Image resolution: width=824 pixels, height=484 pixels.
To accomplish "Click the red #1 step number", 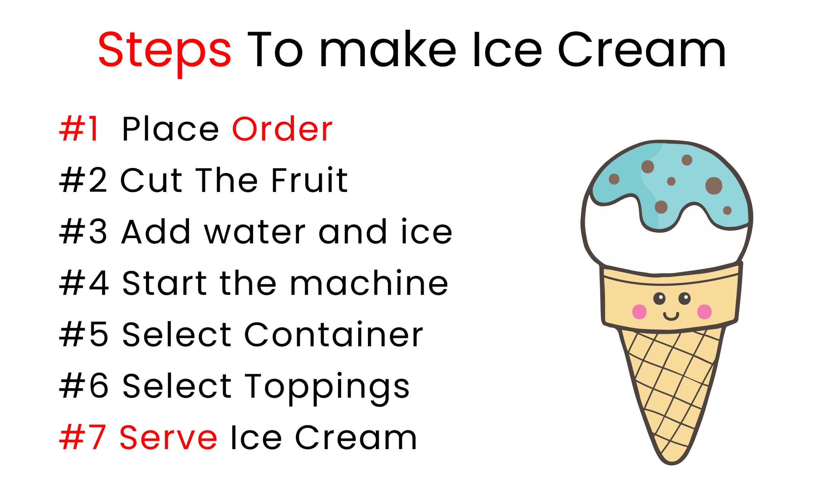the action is click(79, 129).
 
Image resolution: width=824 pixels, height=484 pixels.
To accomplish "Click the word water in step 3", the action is click(255, 232).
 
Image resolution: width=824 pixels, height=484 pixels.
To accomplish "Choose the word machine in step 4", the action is click(369, 283).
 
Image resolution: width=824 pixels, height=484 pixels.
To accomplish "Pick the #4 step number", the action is click(84, 283).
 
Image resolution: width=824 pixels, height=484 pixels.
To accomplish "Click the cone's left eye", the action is click(659, 298).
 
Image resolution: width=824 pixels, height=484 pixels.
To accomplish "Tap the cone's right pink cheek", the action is click(704, 311).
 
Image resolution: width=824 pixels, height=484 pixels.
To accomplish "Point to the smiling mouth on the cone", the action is click(671, 316).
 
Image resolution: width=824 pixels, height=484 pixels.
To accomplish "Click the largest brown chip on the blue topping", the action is click(713, 186).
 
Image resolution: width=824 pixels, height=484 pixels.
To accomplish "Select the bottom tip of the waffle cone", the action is click(671, 464).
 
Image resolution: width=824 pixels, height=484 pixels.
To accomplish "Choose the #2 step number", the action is click(83, 180).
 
